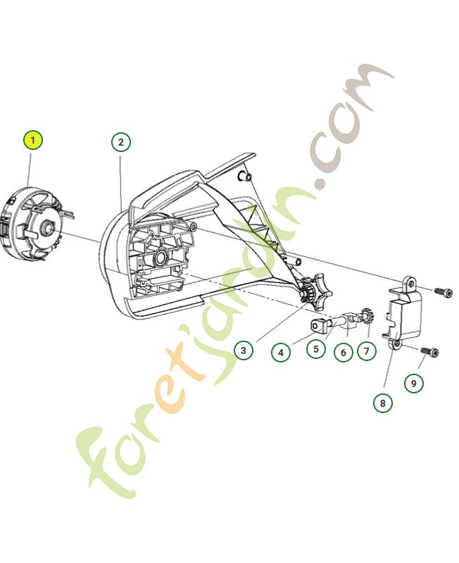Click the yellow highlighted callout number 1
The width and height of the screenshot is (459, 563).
[x=32, y=140]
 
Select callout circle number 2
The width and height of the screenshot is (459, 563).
[x=121, y=142]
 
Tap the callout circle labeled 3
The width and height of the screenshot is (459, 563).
[x=243, y=350]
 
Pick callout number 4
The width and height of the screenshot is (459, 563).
[x=281, y=351]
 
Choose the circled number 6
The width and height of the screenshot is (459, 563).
[x=343, y=350]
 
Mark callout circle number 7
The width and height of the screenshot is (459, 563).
[x=367, y=350]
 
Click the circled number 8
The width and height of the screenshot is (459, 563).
[x=383, y=403]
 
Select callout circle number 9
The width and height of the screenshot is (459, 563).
[x=414, y=383]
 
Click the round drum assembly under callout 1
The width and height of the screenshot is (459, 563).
[x=34, y=226]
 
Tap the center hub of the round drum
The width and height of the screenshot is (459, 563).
[x=46, y=227]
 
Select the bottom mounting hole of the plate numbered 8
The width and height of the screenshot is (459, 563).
[x=396, y=343]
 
